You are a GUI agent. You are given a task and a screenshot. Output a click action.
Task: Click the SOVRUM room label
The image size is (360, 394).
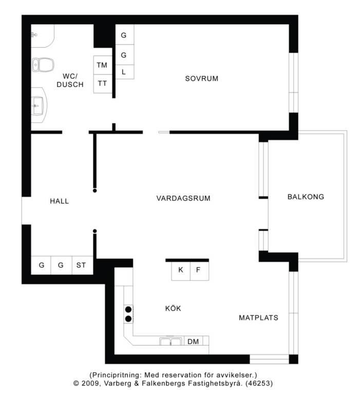(201, 78)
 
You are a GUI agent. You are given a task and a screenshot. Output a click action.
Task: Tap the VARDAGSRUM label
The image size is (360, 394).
(183, 198)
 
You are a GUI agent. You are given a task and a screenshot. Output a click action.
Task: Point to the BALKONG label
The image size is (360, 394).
(306, 196)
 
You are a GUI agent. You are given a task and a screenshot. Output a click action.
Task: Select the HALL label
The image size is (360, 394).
(60, 201)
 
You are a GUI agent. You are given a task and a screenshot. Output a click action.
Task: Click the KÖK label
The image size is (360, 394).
(173, 308)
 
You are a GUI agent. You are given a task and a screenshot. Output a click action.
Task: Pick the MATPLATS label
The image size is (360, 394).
(258, 318)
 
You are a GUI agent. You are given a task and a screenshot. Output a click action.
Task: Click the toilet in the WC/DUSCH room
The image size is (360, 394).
(43, 65)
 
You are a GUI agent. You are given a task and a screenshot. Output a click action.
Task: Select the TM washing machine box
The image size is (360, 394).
(102, 65)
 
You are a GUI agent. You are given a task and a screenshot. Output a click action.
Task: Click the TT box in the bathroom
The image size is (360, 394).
(102, 84)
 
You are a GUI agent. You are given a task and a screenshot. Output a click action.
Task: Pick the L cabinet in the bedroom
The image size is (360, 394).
(124, 72)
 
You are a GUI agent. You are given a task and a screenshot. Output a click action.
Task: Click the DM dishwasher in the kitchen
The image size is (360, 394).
(194, 341)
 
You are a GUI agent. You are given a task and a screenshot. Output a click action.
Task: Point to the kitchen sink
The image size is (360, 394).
(170, 341)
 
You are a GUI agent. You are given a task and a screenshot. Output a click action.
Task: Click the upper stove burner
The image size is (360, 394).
(128, 309)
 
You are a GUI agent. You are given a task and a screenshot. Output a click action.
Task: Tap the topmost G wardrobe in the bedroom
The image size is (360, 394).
(124, 35)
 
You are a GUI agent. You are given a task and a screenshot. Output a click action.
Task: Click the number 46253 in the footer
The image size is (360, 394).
(259, 383)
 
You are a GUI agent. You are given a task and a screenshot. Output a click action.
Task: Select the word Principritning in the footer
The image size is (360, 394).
(117, 375)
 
